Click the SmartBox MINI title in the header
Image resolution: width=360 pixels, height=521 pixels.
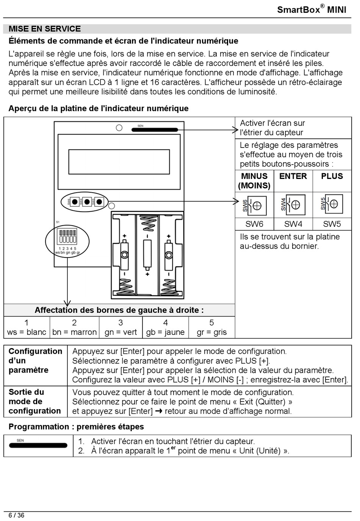pyautogui.click(x=311, y=9)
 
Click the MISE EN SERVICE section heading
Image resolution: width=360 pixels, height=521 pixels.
pyautogui.click(x=45, y=29)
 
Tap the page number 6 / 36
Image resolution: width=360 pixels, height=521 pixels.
pyautogui.click(x=16, y=515)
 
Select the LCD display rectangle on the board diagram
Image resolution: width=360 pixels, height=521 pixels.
pyautogui.click(x=119, y=162)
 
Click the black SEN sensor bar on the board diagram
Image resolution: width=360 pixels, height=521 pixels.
pyautogui.click(x=155, y=130)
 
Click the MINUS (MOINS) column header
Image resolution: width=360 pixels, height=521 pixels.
pyautogui.click(x=254, y=181)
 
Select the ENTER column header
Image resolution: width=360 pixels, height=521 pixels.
pyautogui.click(x=293, y=176)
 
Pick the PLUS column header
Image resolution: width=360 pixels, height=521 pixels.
pyautogui.click(x=332, y=176)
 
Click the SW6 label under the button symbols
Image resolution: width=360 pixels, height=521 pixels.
pyautogui.click(x=254, y=224)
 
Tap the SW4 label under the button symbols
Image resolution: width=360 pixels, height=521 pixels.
pyautogui.click(x=293, y=224)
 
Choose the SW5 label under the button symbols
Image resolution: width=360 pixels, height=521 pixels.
pyautogui.click(x=332, y=224)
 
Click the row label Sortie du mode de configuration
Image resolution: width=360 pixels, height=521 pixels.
pyautogui.click(x=35, y=401)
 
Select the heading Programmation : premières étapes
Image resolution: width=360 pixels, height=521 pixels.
pyautogui.click(x=76, y=427)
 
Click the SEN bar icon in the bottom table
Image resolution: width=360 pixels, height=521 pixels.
pyautogui.click(x=38, y=445)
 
